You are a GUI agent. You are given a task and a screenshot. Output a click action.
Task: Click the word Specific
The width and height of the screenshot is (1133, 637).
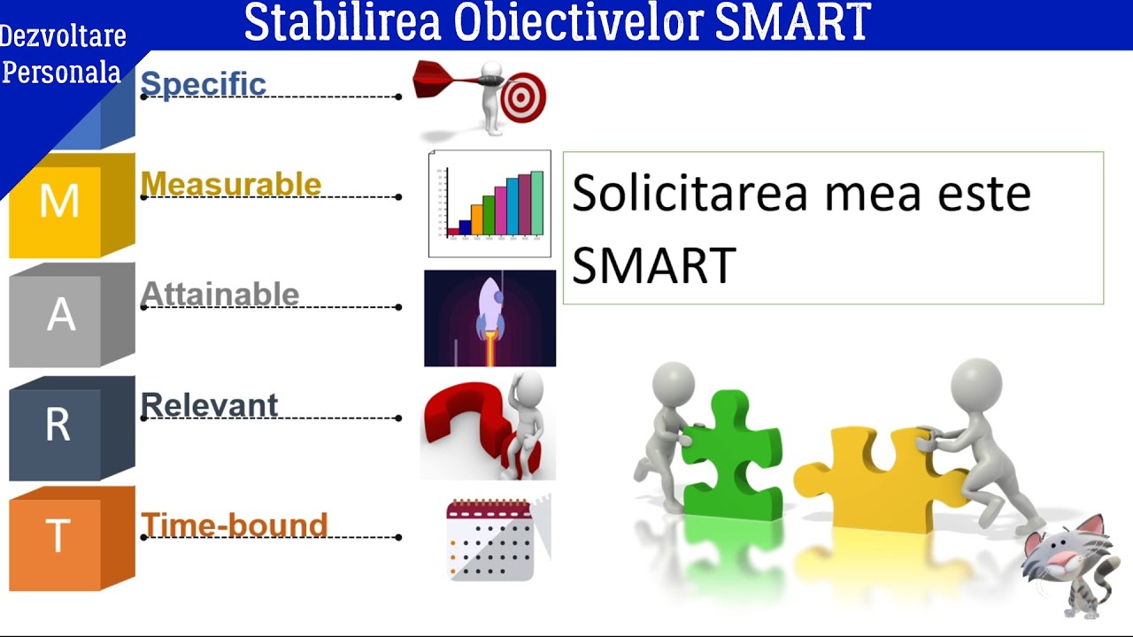[203, 84]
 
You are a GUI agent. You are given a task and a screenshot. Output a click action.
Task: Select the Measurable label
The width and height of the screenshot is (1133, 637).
[230, 184]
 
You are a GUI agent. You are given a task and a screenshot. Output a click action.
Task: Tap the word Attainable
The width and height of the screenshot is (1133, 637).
[220, 294]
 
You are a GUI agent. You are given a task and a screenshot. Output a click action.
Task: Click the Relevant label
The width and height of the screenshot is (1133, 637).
[209, 405]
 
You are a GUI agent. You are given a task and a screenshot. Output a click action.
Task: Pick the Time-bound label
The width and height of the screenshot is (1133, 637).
[234, 525]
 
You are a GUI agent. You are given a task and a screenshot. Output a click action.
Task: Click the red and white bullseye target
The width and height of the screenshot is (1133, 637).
[523, 98]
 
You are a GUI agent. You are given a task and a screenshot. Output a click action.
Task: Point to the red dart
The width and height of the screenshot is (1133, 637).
[447, 81]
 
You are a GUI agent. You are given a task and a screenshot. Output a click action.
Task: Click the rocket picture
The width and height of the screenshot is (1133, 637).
[489, 318]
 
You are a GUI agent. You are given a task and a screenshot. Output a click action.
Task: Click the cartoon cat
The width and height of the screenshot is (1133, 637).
[1066, 566]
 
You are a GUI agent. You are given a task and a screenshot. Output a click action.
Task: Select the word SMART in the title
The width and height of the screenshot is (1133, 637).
[792, 24]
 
